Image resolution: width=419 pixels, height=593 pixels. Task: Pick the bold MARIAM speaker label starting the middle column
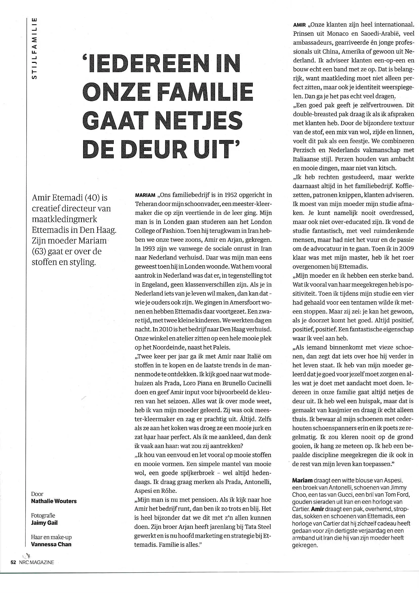pyautogui.click(x=145, y=195)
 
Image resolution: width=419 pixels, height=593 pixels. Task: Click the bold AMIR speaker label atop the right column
pyautogui.click(x=299, y=25)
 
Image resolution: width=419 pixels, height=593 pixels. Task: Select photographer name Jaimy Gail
pyautogui.click(x=44, y=523)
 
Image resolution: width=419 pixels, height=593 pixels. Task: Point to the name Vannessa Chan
pyautogui.click(x=51, y=544)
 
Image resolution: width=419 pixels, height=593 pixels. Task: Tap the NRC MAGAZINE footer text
pyautogui.click(x=36, y=562)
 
